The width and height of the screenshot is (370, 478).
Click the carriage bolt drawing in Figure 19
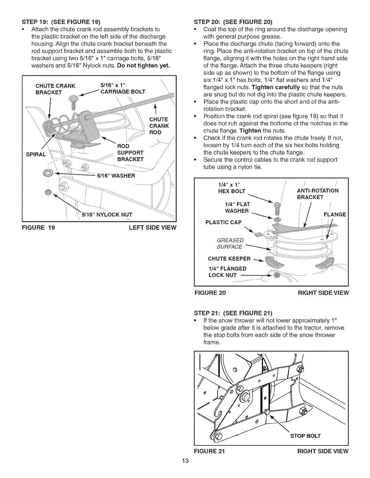point(73,102)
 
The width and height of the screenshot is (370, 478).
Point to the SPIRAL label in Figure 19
point(36,155)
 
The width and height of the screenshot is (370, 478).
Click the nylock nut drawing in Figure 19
point(47,192)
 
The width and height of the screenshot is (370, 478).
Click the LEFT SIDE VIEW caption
point(152,228)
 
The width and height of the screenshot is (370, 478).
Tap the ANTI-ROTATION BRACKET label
point(318,194)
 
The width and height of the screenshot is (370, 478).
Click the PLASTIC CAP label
point(223,222)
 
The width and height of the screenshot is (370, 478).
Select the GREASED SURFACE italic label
point(230,244)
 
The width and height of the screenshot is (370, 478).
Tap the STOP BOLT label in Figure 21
point(305,436)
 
